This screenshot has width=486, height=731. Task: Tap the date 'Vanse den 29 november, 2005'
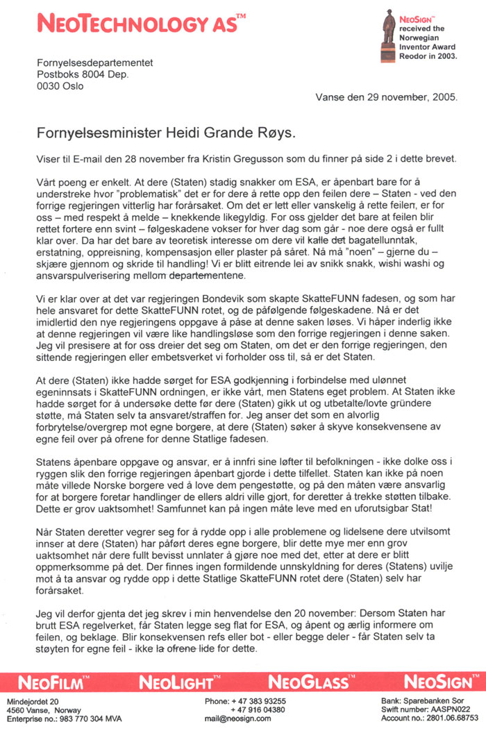pyautogui.click(x=387, y=97)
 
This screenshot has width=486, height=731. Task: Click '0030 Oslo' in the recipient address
pyautogui.click(x=60, y=86)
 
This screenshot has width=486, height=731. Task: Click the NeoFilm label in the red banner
pyautogui.click(x=56, y=681)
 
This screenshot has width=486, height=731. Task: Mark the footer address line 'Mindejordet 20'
pyautogui.click(x=33, y=701)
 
